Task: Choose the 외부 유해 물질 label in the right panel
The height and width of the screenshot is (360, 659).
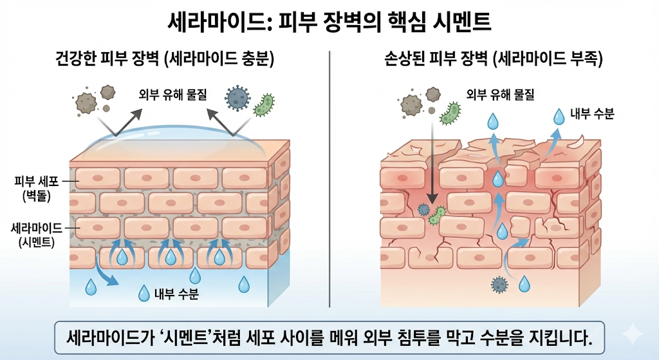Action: pyautogui.click(x=499, y=94)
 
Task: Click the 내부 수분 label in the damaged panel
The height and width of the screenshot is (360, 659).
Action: pyautogui.click(x=592, y=114)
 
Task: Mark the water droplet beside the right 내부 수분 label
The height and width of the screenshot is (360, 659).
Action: pyautogui.click(x=559, y=116)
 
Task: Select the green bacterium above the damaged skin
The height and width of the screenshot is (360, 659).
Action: pyautogui.click(x=450, y=113)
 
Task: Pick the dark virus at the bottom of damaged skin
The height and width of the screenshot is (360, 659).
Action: pyautogui.click(x=499, y=284)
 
